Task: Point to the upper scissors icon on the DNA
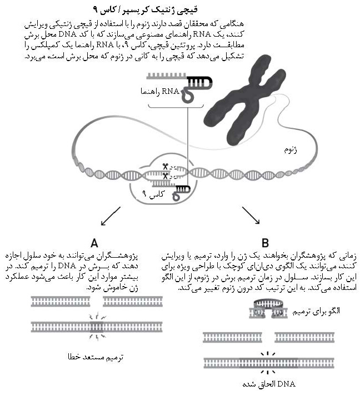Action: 166,166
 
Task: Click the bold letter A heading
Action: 94,243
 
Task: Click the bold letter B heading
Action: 266,243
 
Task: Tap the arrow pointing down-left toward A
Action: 110,215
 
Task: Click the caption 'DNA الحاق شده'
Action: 268,384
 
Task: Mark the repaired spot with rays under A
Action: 97,326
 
